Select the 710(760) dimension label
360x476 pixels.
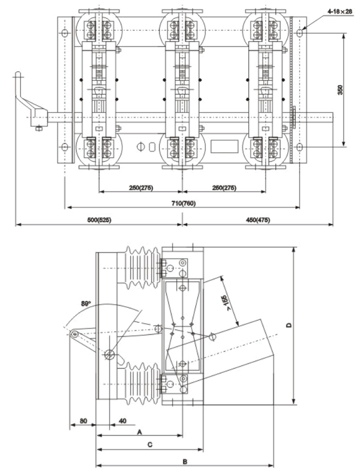tap(183, 204)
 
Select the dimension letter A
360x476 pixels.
tap(139, 432)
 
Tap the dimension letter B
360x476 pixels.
tap(185, 461)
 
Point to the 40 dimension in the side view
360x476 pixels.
tap(122, 421)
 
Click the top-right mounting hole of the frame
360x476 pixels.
tap(300, 33)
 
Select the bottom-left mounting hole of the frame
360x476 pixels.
tap(65, 147)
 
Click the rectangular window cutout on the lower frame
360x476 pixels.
tap(222, 147)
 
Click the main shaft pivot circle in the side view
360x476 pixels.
tap(109, 354)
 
